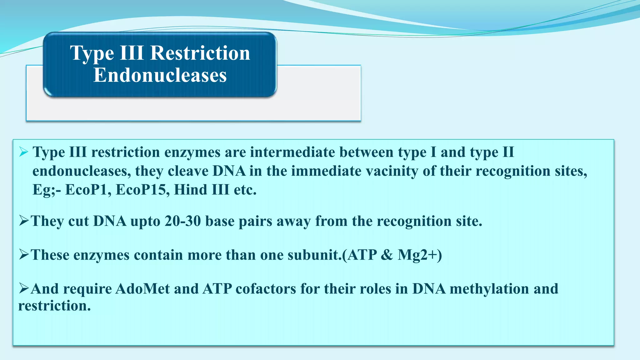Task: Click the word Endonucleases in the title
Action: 160,75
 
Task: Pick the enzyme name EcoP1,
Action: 88,190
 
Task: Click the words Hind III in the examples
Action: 202,190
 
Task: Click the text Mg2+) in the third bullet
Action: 420,255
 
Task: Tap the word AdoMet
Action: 142,289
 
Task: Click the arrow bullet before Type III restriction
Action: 24,152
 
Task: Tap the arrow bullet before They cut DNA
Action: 24,221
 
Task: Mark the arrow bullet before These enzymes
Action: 24,255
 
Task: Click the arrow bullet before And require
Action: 24,288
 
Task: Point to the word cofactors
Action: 266,289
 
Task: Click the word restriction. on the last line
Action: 54,306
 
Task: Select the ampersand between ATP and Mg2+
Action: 387,255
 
